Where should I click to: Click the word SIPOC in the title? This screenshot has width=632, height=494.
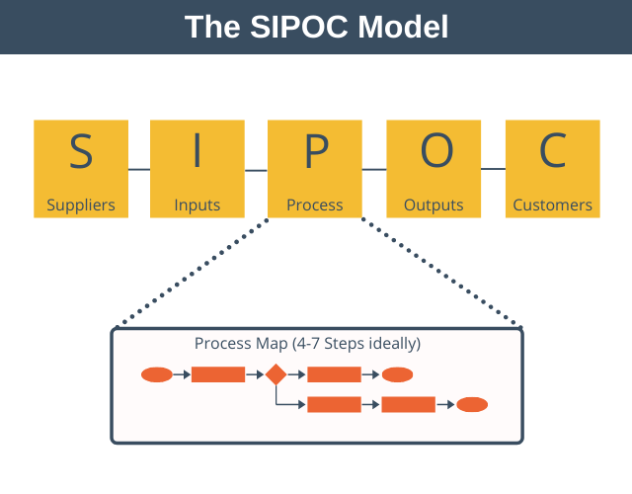pos(298,27)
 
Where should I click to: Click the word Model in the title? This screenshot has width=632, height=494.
pos(403,27)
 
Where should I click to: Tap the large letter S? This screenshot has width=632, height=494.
pos(81,150)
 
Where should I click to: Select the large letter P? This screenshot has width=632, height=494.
pos(317,150)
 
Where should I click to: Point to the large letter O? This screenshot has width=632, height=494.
pos(436,150)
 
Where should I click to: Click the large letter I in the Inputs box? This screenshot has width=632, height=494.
pos(197,150)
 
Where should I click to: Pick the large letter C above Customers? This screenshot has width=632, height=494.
pos(553,150)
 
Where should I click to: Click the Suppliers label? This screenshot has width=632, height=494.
pos(81,206)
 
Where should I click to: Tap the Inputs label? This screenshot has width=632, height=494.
pos(197,206)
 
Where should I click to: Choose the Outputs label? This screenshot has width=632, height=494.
pos(434,205)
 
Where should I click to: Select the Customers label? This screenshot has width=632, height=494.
pos(553,205)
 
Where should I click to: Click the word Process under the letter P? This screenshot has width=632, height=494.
pos(315,205)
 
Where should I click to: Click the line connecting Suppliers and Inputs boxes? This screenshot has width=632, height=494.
pos(139,169)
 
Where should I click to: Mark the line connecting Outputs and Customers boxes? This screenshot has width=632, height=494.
pos(494,169)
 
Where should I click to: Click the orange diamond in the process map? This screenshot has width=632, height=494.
pos(276,374)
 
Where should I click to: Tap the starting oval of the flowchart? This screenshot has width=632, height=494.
pos(157,374)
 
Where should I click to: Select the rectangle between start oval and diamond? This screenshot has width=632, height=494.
pos(218,374)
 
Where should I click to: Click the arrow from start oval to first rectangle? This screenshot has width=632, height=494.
pos(182,374)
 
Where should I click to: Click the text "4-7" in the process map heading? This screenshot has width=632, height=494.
pos(308,344)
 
